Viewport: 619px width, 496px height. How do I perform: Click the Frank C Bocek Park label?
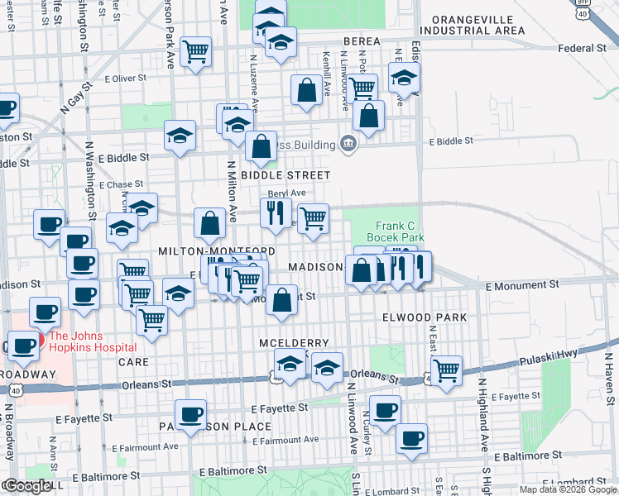(400, 231)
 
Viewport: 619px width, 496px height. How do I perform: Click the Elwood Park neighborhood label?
(425, 317)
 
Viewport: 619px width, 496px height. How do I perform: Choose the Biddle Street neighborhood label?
(286, 175)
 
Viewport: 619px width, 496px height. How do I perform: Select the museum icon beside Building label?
(348, 145)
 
